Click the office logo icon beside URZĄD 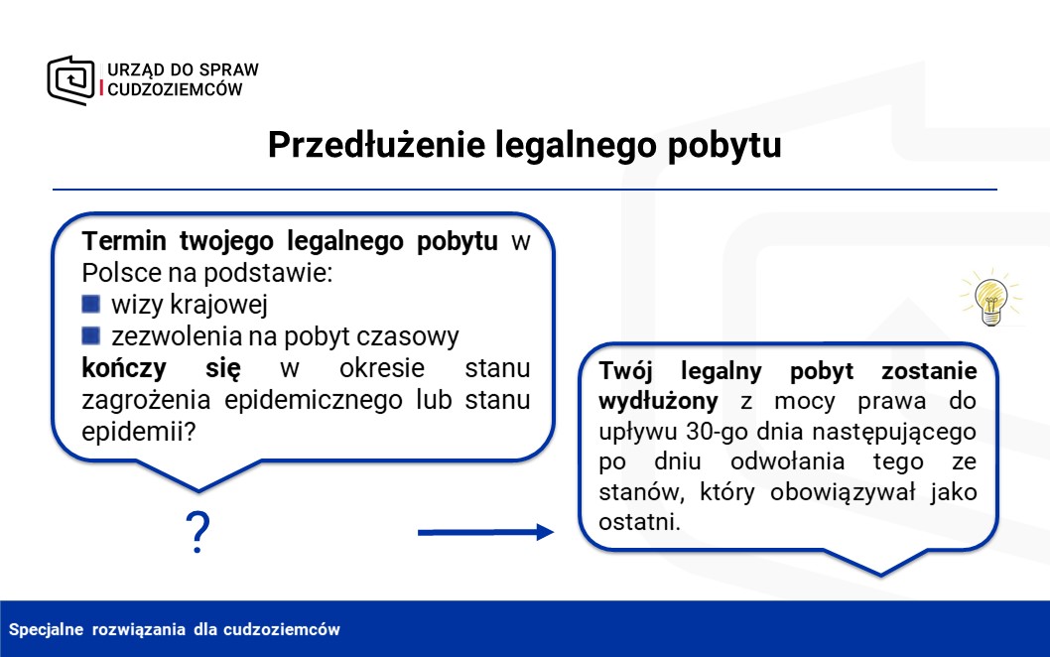coord(71,80)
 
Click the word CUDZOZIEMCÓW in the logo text coord(175,89)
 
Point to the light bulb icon coord(991,298)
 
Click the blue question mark coord(197,532)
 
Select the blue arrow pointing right coord(486,532)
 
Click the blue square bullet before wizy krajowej coord(91,304)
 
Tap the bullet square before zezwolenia coord(91,335)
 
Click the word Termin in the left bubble coord(124,241)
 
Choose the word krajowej coord(219,305)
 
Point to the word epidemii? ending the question coord(139,432)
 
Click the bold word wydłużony coord(658,401)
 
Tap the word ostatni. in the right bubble coord(639,522)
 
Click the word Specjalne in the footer coord(47,629)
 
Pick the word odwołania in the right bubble coord(788,461)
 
